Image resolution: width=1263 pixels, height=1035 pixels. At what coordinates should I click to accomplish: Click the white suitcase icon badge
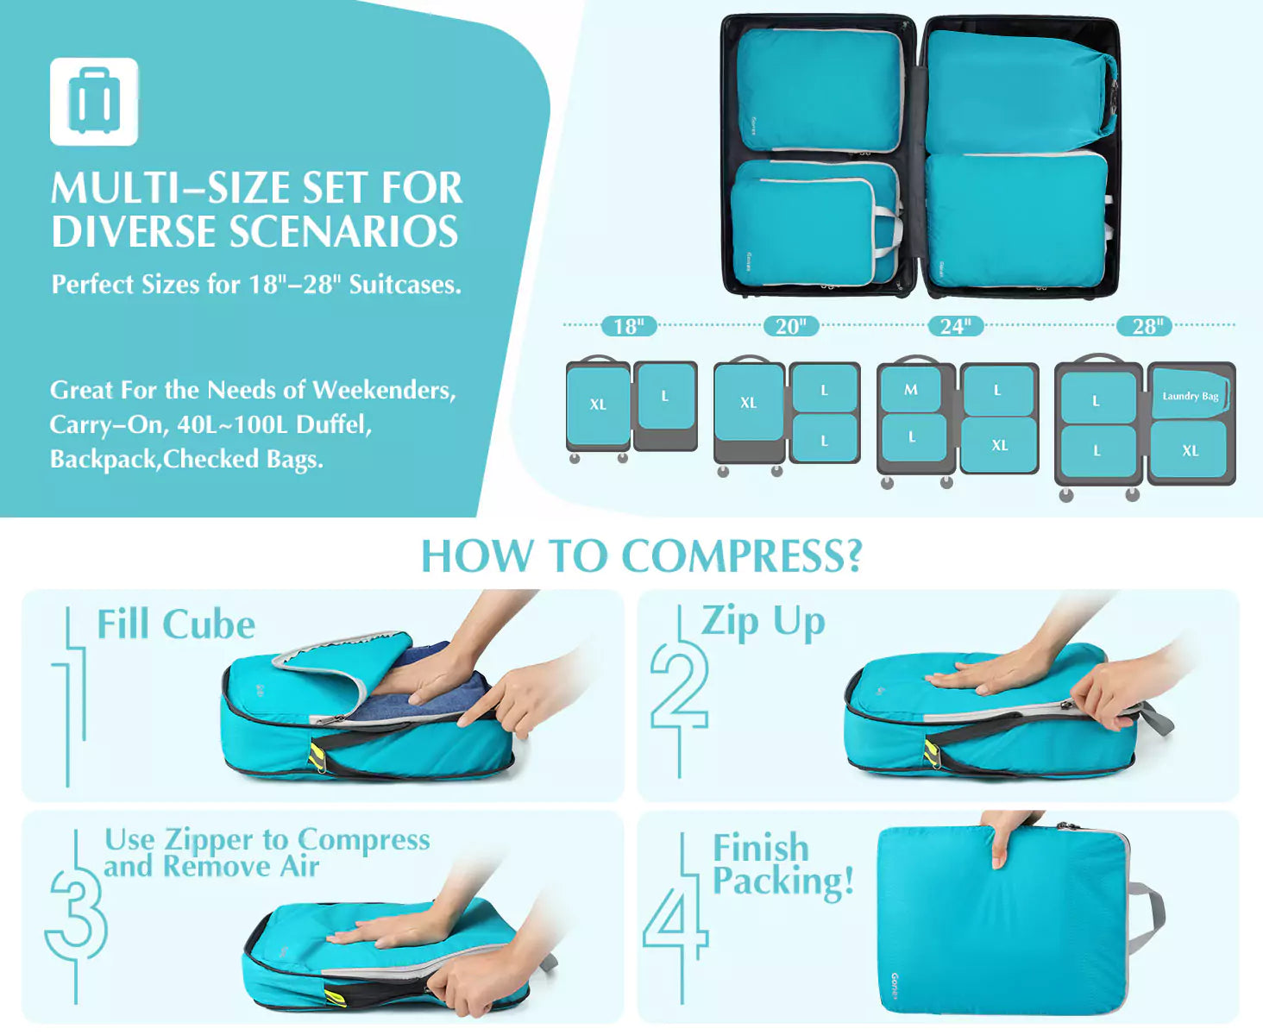(x=94, y=101)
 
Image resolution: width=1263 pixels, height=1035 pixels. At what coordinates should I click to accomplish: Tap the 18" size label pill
(x=628, y=326)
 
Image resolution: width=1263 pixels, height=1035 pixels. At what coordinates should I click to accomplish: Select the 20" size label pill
(x=791, y=326)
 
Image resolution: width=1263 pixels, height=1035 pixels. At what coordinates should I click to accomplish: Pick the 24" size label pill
(x=955, y=326)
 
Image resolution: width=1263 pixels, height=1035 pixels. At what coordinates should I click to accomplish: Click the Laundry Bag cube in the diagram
(x=1190, y=394)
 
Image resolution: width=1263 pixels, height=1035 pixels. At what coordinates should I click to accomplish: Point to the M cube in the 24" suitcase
(x=911, y=391)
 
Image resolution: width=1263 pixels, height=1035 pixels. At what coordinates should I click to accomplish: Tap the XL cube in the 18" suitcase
(x=598, y=405)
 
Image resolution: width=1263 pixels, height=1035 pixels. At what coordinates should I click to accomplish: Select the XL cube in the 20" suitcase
(x=749, y=403)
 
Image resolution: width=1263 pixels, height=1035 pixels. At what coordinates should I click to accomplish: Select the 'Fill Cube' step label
(x=176, y=624)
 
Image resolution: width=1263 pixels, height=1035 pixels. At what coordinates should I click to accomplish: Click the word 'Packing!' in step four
(x=783, y=881)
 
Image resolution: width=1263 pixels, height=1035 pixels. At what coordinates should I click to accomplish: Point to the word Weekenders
(x=385, y=391)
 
